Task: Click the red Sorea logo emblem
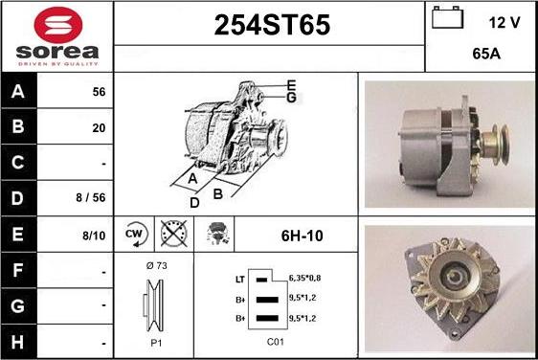pyautogui.click(x=58, y=25)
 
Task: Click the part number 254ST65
pyautogui.click(x=272, y=25)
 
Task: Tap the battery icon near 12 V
pyautogui.click(x=447, y=17)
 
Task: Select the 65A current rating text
pyautogui.click(x=486, y=54)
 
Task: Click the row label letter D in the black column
pyautogui.click(x=18, y=198)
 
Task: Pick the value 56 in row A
pyautogui.click(x=99, y=92)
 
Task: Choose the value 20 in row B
pyautogui.click(x=99, y=128)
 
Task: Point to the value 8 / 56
pyautogui.click(x=91, y=197)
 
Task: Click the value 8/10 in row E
pyautogui.click(x=94, y=236)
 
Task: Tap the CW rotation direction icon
pyautogui.click(x=135, y=235)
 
